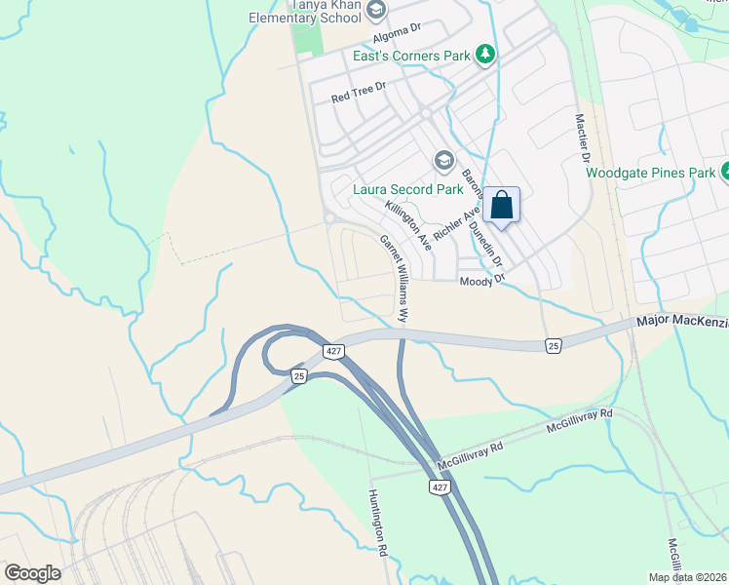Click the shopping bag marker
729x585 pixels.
coord(501,206)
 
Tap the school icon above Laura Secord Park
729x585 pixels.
coord(444,160)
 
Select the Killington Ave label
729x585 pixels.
coord(407,223)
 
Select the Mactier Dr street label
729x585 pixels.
coord(583,137)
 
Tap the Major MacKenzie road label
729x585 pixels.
coord(681,320)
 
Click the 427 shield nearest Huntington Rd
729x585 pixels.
coord(439,486)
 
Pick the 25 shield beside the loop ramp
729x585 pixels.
coord(298,375)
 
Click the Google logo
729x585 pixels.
coord(32,573)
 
